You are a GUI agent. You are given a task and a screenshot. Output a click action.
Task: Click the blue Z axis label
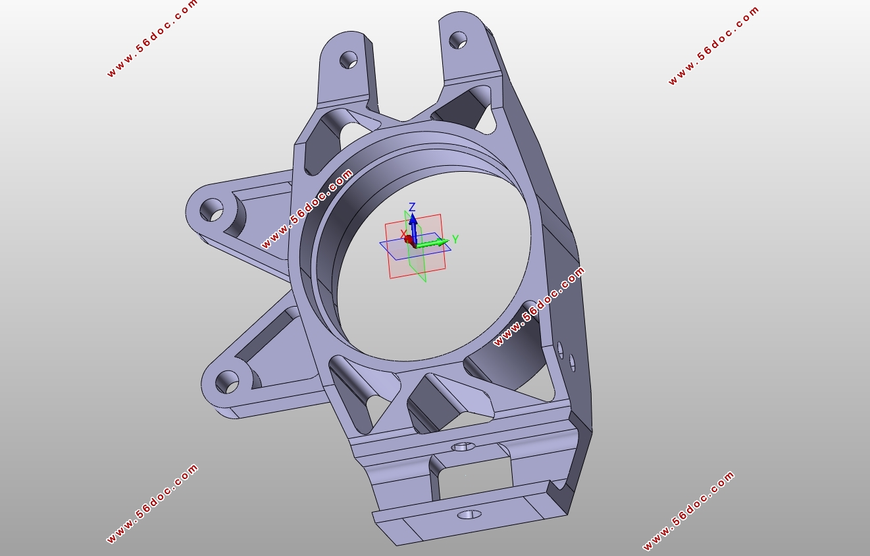[x=412, y=207]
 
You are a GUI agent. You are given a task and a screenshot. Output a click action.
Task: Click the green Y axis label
[x=455, y=239]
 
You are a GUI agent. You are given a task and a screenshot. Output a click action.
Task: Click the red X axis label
[x=403, y=234]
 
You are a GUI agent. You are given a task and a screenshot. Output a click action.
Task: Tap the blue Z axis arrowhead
[x=413, y=219]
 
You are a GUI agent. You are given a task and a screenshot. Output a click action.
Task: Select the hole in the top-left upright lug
[x=349, y=60]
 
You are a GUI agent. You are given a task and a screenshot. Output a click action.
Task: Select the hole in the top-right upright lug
[x=458, y=40]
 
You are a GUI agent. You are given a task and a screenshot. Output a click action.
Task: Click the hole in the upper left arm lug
[x=212, y=210]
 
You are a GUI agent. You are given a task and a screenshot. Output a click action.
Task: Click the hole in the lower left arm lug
[x=227, y=382]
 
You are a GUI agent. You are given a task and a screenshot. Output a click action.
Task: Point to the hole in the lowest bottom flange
[x=470, y=515]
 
